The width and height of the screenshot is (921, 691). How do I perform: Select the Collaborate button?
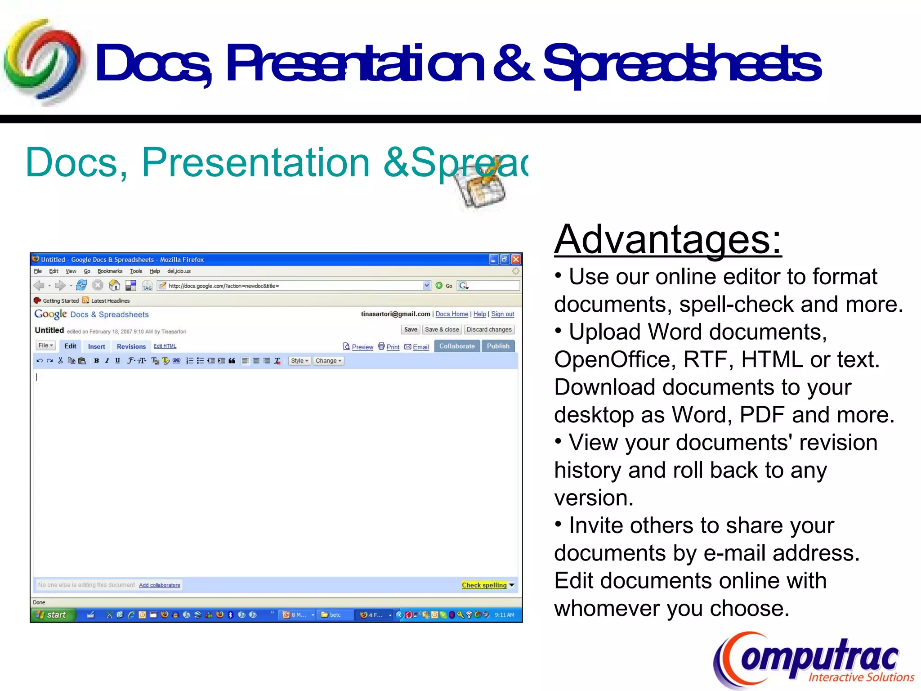[x=456, y=346]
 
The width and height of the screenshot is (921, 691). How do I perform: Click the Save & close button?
[x=442, y=329]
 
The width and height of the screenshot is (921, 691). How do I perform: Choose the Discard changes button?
[x=489, y=329]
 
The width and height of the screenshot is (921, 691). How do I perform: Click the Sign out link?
[x=502, y=314]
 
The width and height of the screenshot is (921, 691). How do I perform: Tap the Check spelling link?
[x=484, y=585]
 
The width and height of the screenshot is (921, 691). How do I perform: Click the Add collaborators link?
[x=159, y=585]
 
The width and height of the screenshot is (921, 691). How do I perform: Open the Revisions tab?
[x=131, y=346]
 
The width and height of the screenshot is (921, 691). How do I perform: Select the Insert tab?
[x=96, y=346]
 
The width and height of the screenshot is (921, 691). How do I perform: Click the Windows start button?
[x=52, y=615]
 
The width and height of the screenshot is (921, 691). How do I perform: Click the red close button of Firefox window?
[x=516, y=259]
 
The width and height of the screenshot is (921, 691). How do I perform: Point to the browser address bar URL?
[x=224, y=286]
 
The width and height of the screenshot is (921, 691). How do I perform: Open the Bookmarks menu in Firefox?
[x=110, y=271]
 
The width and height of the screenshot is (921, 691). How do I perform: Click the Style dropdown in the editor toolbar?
[x=299, y=361]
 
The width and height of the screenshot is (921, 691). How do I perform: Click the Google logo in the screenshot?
[x=50, y=314]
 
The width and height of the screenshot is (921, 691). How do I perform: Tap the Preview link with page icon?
[x=358, y=347]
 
